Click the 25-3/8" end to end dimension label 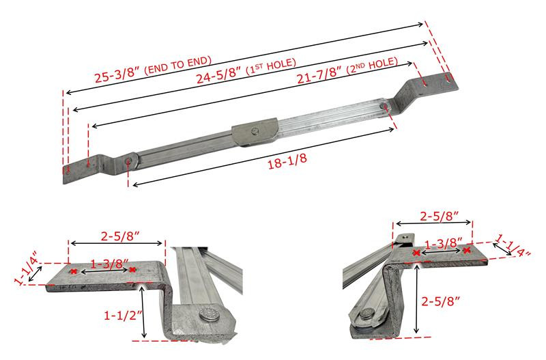coord(153,69)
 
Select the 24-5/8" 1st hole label coord(246,71)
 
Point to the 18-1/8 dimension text coord(287,161)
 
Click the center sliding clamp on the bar coord(255,132)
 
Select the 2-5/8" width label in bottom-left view coord(120,236)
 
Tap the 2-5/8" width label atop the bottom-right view coord(440,216)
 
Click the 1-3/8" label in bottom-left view coord(110,264)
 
